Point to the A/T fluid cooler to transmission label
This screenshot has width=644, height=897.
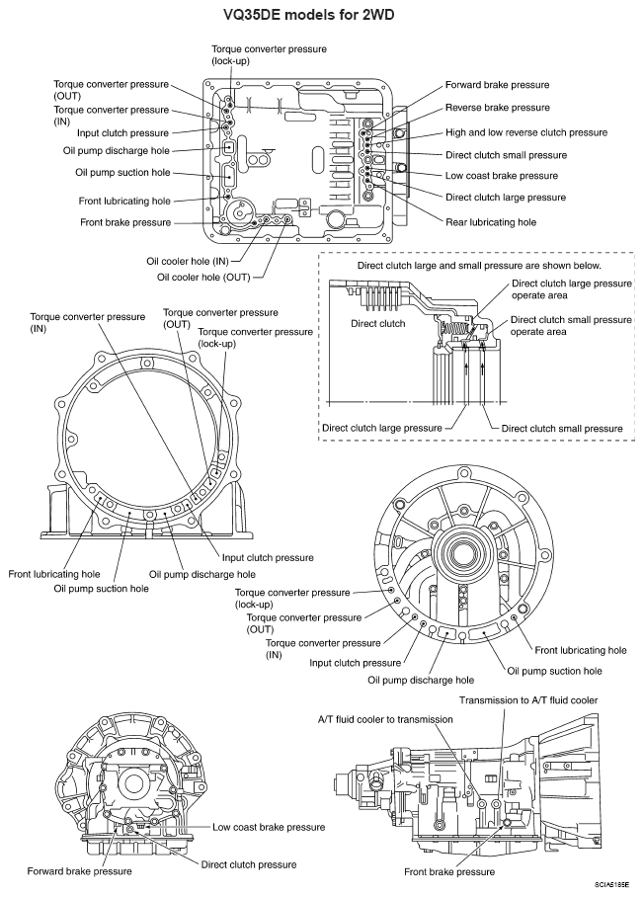click(x=384, y=719)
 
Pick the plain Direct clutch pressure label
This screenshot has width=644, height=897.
click(x=249, y=863)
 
